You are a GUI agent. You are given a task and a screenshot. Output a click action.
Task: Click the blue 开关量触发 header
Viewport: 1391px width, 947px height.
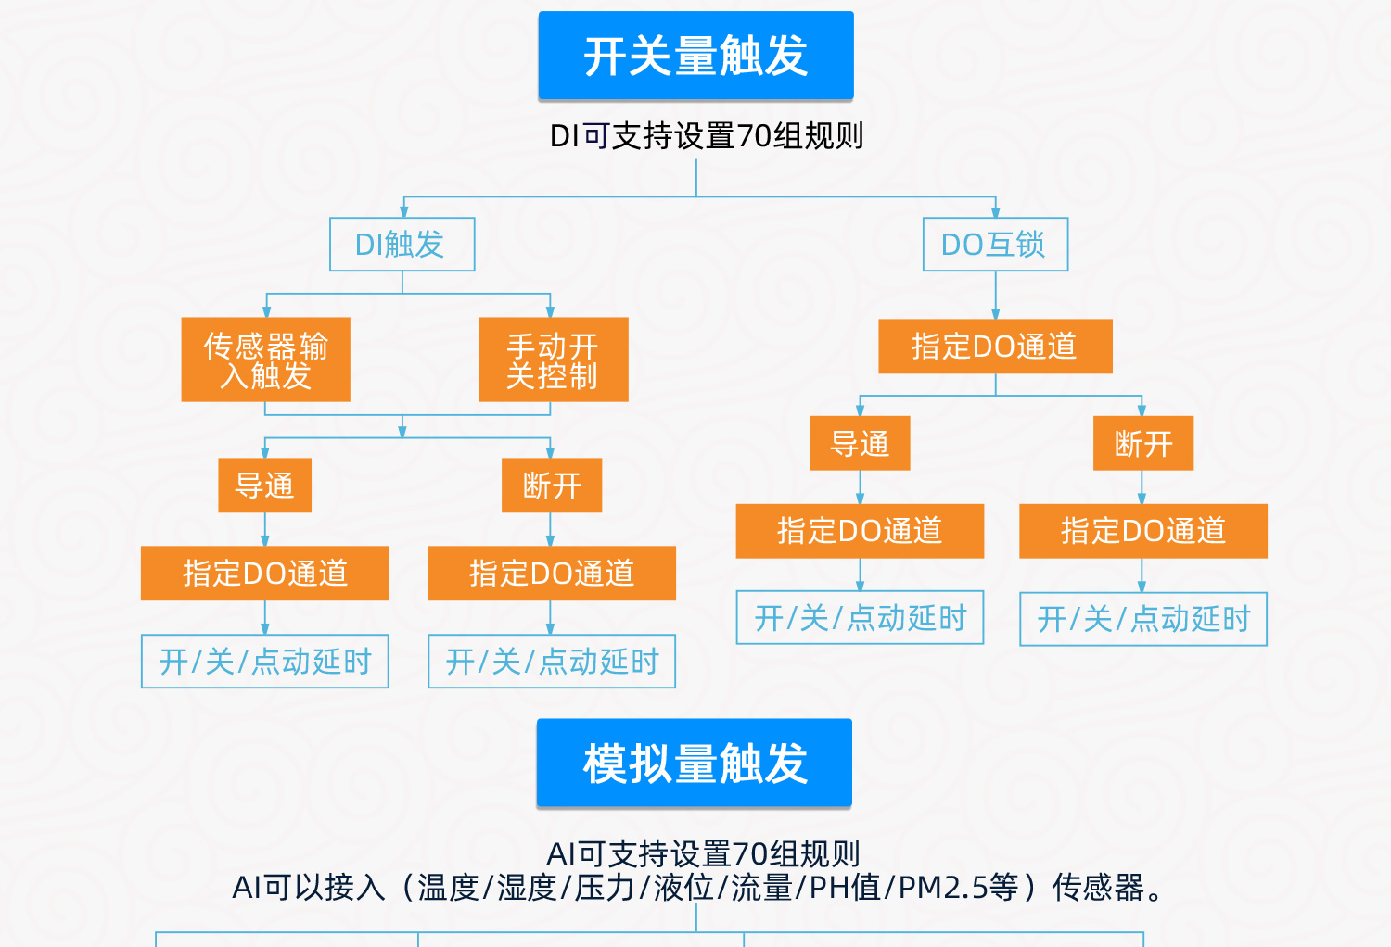point(695,56)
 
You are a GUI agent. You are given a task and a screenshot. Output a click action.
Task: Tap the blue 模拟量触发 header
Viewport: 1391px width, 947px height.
point(695,764)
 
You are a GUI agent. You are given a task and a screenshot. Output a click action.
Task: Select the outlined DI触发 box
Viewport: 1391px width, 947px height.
point(402,245)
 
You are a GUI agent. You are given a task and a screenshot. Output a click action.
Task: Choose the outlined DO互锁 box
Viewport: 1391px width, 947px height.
point(995,245)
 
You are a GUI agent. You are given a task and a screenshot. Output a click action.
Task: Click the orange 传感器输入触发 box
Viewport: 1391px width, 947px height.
point(265,360)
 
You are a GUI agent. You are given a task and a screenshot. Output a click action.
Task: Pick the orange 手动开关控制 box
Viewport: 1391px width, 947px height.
point(553,360)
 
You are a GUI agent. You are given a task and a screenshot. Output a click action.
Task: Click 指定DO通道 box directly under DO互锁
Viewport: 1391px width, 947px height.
point(995,347)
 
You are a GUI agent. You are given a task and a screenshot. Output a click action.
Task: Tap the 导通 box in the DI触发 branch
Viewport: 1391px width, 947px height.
point(264,486)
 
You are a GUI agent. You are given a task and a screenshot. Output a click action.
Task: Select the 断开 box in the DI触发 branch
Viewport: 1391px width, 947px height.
point(552,486)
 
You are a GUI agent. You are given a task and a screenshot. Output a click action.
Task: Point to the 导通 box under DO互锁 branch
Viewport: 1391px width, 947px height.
point(860,444)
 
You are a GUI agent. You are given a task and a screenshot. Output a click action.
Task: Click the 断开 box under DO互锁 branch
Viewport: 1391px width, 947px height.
point(1142,444)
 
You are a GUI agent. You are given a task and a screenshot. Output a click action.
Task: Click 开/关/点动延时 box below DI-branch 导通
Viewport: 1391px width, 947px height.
point(264,662)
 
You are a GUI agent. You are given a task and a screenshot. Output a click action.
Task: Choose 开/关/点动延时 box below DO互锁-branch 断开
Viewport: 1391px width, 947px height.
point(1142,619)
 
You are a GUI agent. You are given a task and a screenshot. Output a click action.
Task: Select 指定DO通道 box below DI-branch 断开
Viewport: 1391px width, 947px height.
point(552,574)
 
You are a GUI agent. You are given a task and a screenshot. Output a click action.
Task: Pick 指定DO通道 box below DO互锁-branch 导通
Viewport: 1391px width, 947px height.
point(860,531)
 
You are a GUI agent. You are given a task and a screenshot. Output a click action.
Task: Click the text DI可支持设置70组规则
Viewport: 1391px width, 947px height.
point(707,136)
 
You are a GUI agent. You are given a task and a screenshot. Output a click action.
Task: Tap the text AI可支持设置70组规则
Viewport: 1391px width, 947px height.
point(704,852)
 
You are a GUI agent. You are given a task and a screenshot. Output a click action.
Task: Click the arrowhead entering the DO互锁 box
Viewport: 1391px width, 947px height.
point(995,212)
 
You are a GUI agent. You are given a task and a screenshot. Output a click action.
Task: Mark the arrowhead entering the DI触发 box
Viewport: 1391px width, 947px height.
point(403,212)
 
